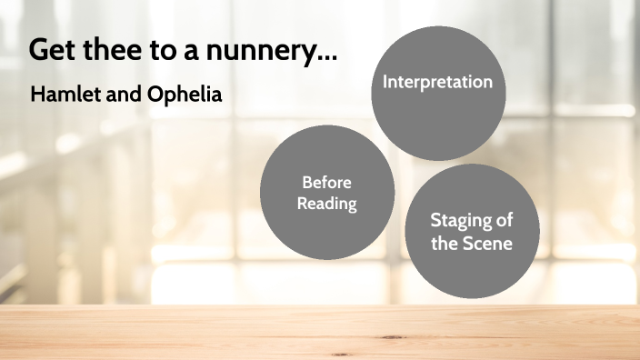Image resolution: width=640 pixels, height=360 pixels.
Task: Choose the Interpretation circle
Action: point(438,95)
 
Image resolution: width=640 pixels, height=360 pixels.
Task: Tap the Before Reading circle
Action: point(327,192)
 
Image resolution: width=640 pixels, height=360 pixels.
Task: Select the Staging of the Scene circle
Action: point(471,232)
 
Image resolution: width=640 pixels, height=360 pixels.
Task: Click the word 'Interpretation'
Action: point(438,82)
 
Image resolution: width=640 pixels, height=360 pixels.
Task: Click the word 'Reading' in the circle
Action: point(327,203)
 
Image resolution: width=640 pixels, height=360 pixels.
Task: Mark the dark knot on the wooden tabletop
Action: point(393,337)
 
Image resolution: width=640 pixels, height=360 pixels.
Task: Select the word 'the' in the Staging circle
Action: point(446,243)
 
